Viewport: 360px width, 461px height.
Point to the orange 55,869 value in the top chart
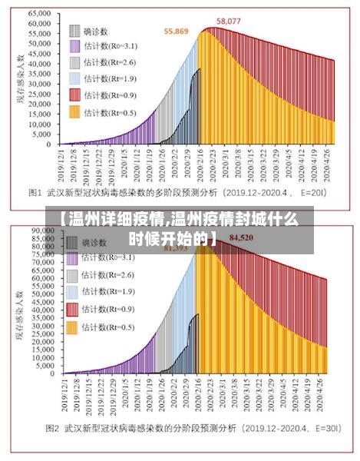[177, 32]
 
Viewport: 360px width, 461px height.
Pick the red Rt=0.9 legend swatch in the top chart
[74, 95]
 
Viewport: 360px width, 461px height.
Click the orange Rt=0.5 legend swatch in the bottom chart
[74, 327]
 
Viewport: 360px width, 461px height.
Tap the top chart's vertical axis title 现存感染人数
[13, 77]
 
